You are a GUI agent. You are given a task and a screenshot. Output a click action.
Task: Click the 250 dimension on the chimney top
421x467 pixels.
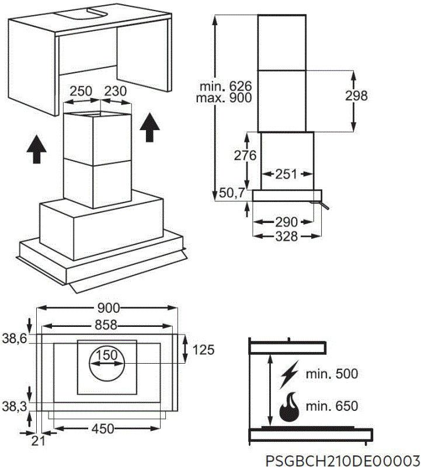coord(81,91)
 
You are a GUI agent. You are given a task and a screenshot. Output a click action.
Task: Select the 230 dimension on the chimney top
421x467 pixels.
coord(116,91)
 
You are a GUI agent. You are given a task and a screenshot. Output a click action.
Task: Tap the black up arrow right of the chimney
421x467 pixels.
coord(151,127)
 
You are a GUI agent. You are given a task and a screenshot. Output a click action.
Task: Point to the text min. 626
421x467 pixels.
coord(225,86)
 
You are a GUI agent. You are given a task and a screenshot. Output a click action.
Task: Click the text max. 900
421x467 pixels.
coord(225,97)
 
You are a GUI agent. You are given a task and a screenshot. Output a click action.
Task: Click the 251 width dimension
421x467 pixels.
coord(287,173)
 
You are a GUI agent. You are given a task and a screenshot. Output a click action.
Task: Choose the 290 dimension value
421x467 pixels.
coord(287,222)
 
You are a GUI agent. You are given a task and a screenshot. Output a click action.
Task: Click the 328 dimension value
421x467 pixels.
coord(287,236)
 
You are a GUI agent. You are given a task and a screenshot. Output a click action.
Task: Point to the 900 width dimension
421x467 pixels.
coord(109,308)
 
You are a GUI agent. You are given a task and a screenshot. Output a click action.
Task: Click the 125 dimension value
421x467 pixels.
coord(204,350)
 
